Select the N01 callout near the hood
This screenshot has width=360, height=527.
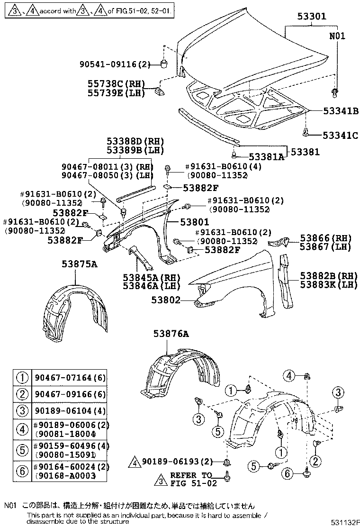[x=337, y=36]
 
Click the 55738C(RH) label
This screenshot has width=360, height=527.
[x=115, y=83]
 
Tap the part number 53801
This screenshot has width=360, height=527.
[x=194, y=222]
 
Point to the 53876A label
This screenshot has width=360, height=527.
[x=171, y=334]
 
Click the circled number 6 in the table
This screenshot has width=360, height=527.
[x=21, y=472]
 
